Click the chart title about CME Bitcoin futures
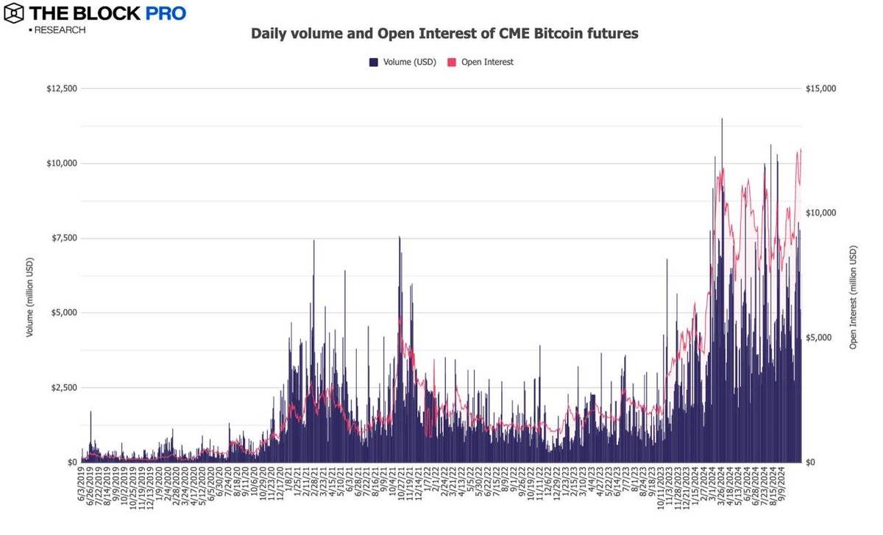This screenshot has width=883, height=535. pos(444,34)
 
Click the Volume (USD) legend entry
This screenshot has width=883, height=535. pos(403,63)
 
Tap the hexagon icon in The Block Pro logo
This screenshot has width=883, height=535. pos(14,13)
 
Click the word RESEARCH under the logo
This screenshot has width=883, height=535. pos(59,30)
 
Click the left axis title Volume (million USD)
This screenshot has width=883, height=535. pos(30,297)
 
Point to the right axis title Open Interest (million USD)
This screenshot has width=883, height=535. pos(854,297)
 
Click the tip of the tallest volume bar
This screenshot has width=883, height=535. pos(722,118)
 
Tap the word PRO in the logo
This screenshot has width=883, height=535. pos(165,13)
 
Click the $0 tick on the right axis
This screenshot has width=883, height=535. pos(813,462)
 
